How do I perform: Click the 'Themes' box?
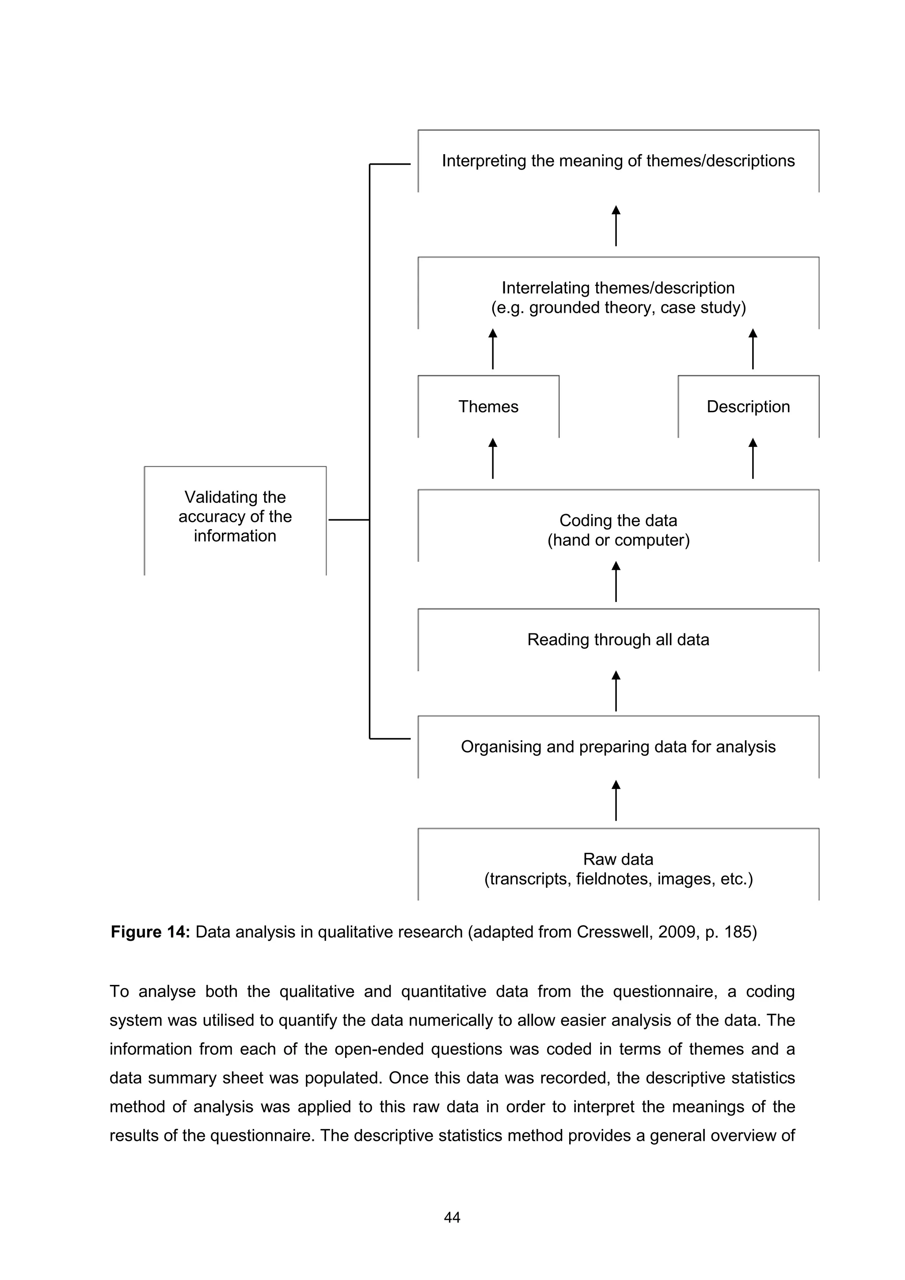[x=488, y=406]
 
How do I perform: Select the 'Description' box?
[x=748, y=406]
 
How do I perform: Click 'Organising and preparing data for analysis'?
[x=618, y=746]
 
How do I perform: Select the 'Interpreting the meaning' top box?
[x=618, y=161]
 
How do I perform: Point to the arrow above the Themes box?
[x=492, y=349]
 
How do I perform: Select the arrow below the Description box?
[x=753, y=458]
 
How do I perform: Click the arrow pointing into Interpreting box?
[x=616, y=226]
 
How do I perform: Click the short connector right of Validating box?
[x=349, y=519]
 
